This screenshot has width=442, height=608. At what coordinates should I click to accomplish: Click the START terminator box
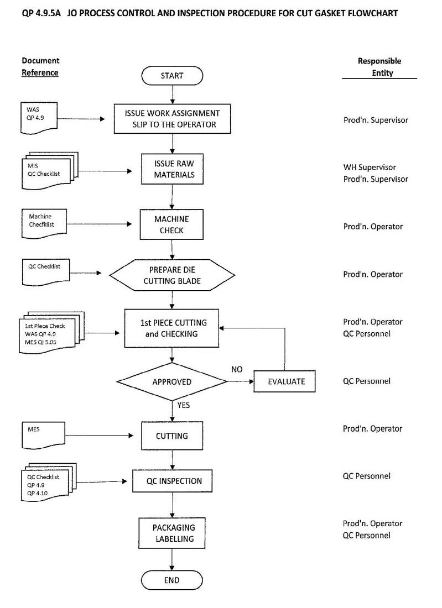point(172,76)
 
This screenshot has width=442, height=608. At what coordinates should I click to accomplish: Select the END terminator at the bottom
point(171,580)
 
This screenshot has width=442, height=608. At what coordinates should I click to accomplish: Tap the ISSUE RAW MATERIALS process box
point(172,169)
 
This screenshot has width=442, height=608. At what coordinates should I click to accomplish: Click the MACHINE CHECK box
point(171,224)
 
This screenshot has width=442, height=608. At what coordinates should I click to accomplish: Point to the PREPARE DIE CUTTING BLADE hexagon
point(172,275)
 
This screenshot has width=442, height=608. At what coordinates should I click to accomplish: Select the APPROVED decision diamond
point(172,381)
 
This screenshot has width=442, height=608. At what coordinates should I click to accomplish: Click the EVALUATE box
point(284,381)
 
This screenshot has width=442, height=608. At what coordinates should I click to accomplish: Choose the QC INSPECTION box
point(172,481)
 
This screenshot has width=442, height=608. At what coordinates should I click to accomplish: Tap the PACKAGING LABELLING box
point(172,533)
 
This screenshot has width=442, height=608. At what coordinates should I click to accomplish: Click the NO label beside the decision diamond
point(237,370)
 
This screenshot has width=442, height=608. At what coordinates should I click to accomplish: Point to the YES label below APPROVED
point(184,405)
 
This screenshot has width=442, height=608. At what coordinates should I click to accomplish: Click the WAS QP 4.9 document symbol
point(39,118)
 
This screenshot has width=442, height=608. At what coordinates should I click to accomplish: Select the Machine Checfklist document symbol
point(44,224)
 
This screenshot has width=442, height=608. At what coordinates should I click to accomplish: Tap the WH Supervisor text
point(370,167)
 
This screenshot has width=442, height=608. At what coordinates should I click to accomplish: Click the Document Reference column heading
point(40,67)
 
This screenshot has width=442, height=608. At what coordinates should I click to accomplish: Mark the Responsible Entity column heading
point(379,67)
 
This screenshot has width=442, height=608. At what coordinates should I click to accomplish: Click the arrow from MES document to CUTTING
point(99,436)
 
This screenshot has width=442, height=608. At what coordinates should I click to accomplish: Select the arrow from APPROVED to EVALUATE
point(241,381)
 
